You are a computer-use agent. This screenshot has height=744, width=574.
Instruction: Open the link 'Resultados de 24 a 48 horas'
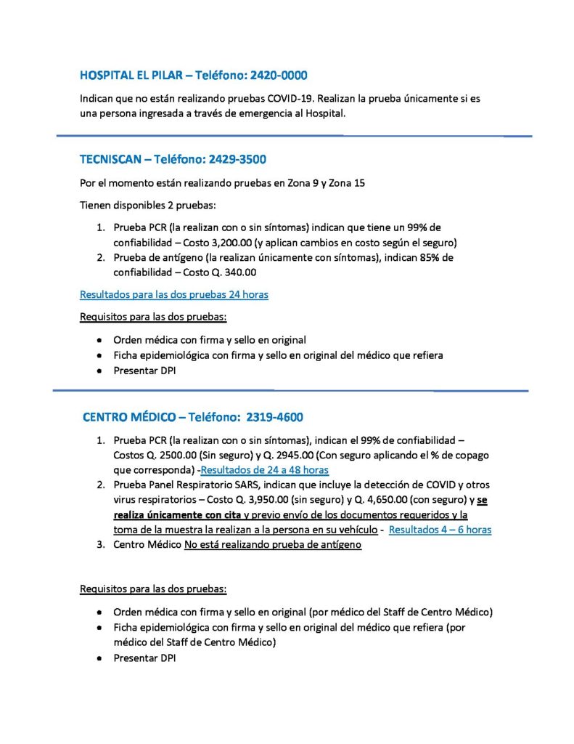tap(264, 469)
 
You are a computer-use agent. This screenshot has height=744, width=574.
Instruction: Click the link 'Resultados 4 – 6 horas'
tap(440, 530)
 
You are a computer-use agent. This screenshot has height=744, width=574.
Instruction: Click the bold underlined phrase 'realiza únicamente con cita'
tap(177, 515)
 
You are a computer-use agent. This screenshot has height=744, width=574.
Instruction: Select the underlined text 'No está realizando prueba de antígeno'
tap(273, 545)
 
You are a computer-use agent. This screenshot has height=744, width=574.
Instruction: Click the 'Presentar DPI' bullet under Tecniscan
tap(144, 371)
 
